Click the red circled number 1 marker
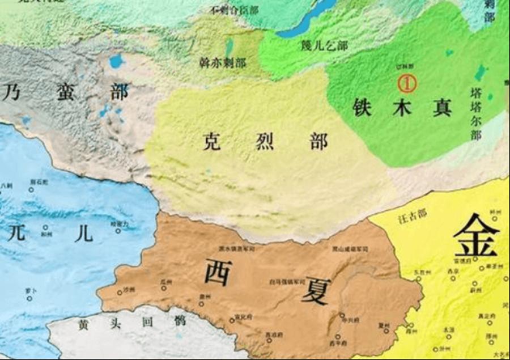tap(407, 84)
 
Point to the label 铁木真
tap(402, 108)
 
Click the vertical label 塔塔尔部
tap(475, 114)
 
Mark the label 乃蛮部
tap(65, 91)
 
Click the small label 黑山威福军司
tap(350, 249)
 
